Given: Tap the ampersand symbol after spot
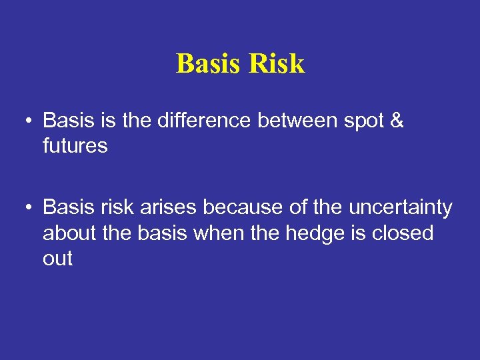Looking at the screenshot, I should click(x=396, y=121).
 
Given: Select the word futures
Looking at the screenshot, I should click(x=75, y=146).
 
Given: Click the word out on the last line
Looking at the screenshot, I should click(x=57, y=259).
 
